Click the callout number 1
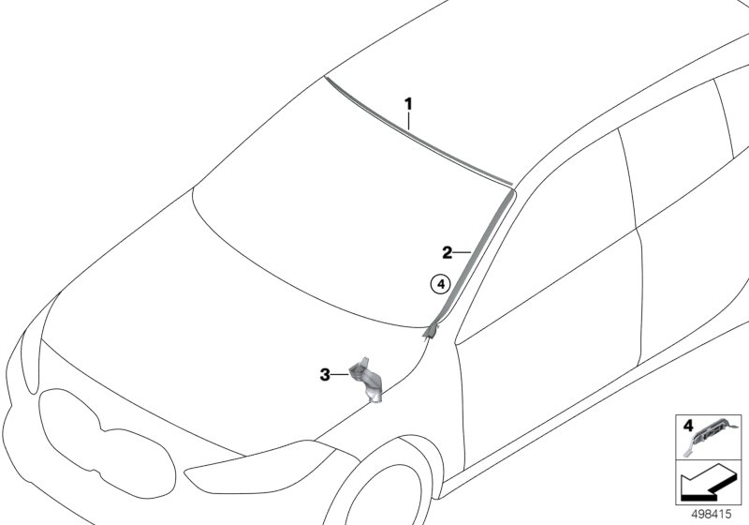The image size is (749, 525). [408, 104]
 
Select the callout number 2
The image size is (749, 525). [447, 252]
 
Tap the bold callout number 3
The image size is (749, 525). [325, 375]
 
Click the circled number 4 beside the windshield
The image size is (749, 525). [440, 284]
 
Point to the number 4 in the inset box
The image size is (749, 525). [688, 426]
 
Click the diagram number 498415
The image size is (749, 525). [712, 515]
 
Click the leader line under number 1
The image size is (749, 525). [408, 121]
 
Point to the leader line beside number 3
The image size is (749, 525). [340, 375]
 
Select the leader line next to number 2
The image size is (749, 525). [462, 252]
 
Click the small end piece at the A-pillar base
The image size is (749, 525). [431, 330]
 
